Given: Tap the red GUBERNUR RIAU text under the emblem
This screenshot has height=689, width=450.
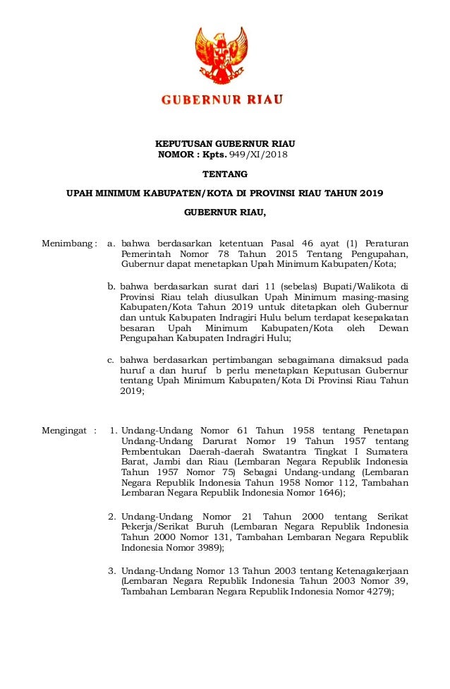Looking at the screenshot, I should point(222,100).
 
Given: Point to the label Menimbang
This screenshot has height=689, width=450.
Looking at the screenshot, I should point(66,244).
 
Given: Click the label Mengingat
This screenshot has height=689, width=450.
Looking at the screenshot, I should point(65,430).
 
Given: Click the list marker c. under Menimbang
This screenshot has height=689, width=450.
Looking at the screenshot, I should point(111,359).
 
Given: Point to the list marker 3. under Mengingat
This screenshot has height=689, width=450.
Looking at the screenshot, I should point(111,570).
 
